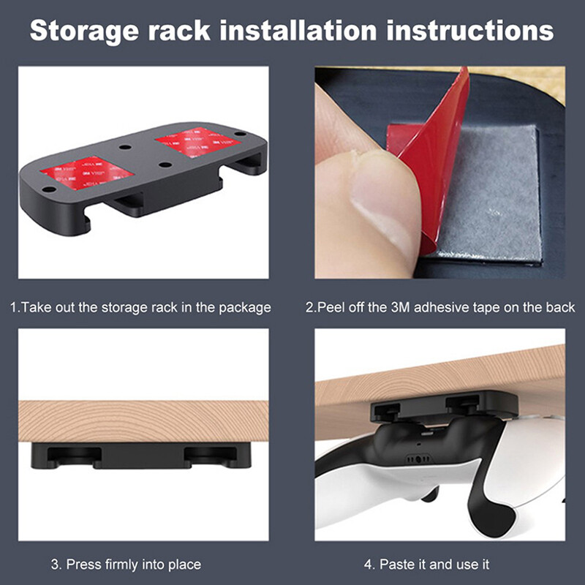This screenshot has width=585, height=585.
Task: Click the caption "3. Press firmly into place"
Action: pos(126,564)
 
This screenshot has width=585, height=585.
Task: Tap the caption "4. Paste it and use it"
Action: pos(427,564)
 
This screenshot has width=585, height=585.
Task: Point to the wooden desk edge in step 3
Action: pos(143,420)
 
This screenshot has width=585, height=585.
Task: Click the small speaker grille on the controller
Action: pos(417,460)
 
